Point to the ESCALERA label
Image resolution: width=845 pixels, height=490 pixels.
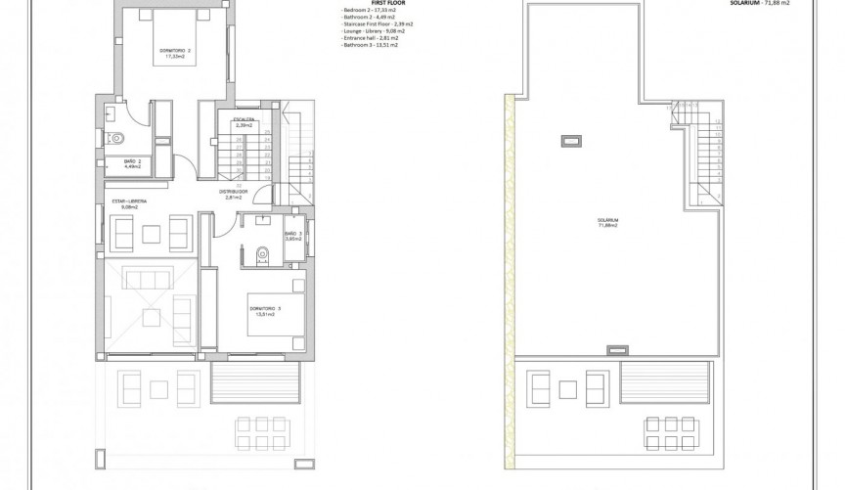coord(244,121)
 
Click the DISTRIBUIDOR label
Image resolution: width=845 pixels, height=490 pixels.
coord(233,193)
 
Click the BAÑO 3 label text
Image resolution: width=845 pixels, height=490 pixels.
coord(293,235)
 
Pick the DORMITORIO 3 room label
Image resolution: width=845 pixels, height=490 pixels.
coord(265,312)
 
